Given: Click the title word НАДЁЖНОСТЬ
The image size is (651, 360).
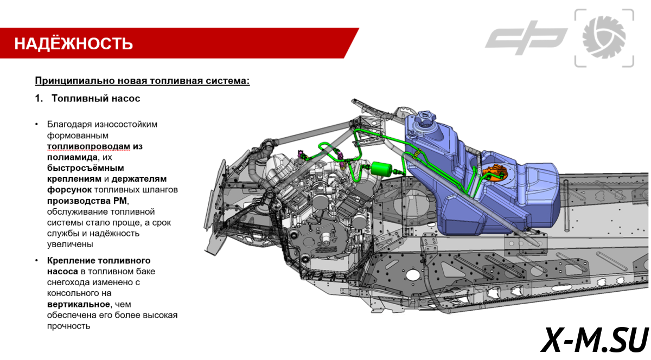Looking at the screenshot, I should tap(73, 43).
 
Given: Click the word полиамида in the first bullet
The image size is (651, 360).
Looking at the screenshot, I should tap(68, 157).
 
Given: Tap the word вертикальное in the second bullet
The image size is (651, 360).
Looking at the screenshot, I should tap(78, 304).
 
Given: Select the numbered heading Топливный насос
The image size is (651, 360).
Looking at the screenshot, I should tap(96, 99).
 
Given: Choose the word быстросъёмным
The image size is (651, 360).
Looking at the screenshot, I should tap(85, 168).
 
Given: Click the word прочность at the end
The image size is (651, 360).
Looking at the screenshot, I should tap(68, 326).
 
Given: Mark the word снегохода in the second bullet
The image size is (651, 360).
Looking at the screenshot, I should tap(68, 282).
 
